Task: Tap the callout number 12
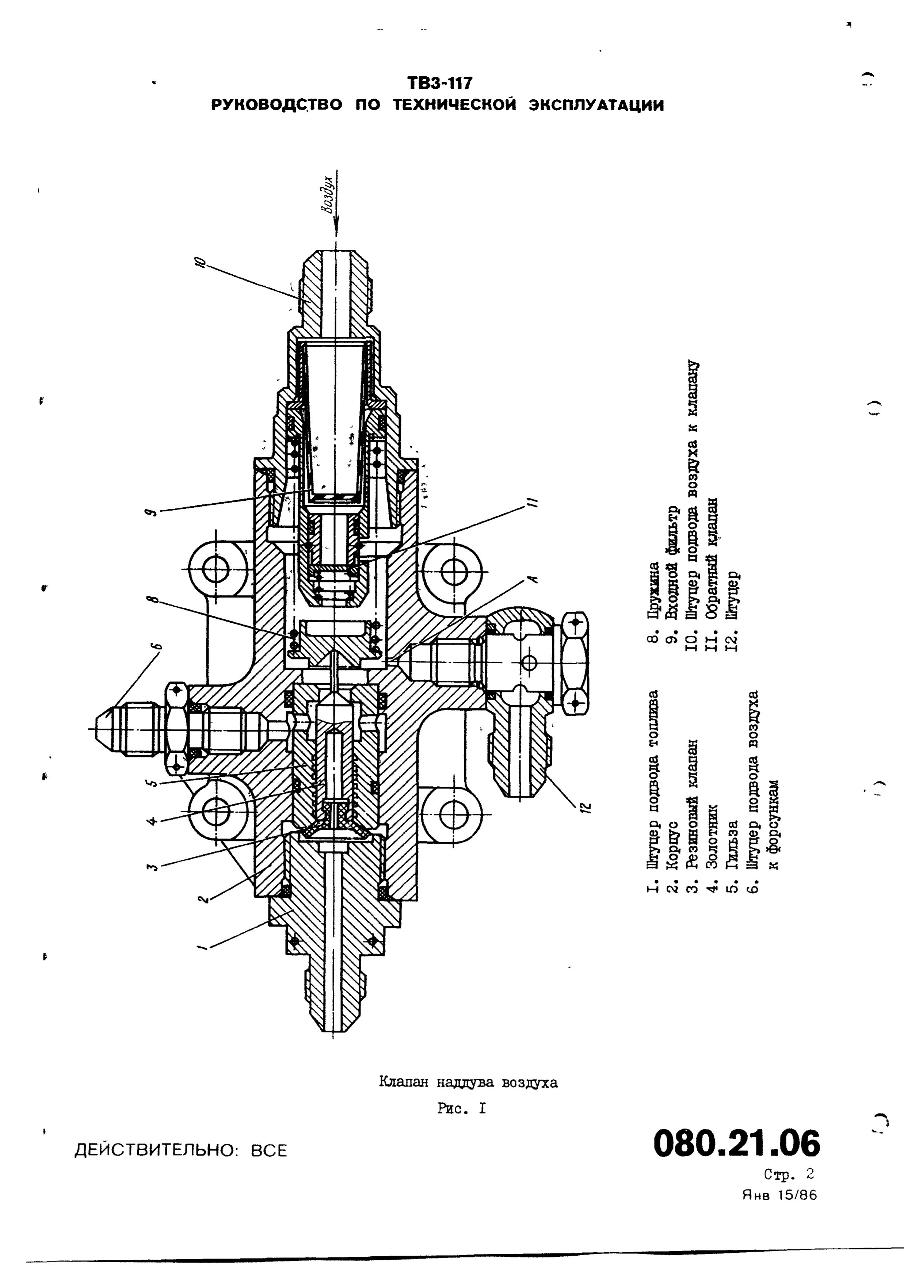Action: [584, 806]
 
